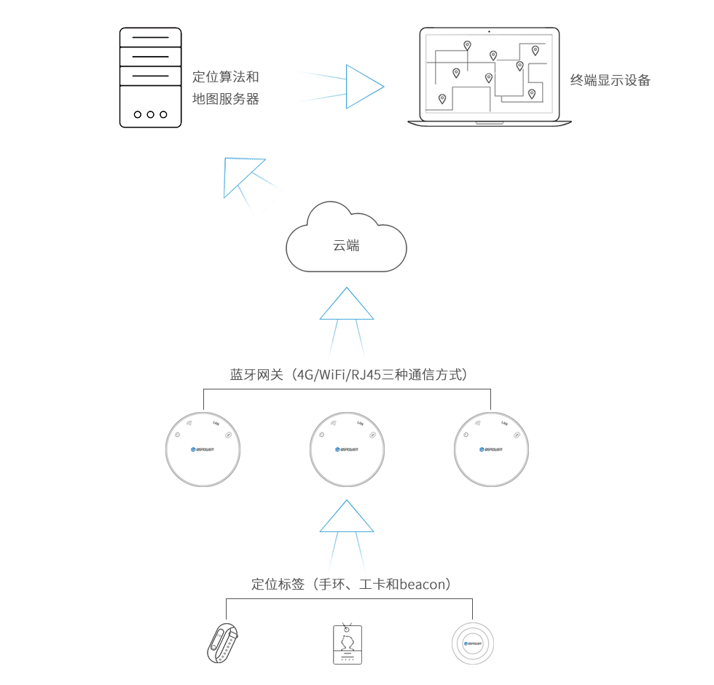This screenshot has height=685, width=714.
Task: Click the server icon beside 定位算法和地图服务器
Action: point(150,77)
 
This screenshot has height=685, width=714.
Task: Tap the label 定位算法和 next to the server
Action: point(225,76)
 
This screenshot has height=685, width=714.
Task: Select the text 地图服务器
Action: point(225,99)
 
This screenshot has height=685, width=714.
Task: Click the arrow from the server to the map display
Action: point(340,87)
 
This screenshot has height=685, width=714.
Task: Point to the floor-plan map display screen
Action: point(485,77)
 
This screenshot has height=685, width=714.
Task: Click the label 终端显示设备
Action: point(610,81)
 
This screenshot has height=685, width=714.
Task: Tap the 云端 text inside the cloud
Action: point(346,246)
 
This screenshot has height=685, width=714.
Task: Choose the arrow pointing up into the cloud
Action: point(346,323)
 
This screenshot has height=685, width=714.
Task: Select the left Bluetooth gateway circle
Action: point(203,449)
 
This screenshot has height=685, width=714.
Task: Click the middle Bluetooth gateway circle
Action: point(347,449)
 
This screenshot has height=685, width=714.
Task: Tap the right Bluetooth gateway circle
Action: point(491,449)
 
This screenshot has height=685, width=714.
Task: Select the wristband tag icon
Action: point(225,641)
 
